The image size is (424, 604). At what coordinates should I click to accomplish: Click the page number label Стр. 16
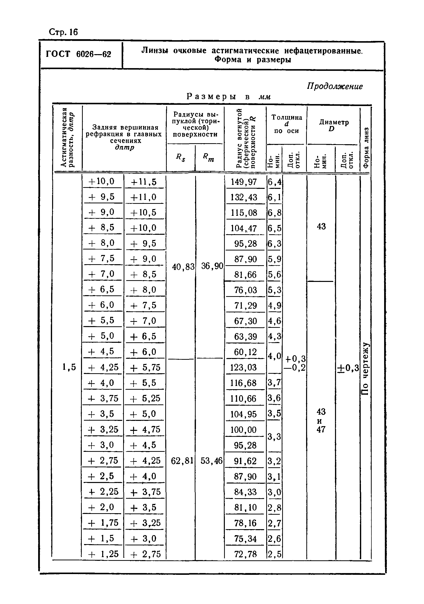point(63,32)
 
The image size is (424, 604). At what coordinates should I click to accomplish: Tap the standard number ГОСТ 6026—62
point(78,54)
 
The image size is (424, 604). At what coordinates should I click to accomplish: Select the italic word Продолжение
point(335,86)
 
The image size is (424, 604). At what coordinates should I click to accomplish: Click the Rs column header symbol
point(180,158)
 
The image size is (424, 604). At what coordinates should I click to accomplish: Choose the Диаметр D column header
point(334,125)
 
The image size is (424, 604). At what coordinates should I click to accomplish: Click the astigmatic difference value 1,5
point(69,367)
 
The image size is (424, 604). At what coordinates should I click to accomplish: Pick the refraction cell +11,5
point(144,182)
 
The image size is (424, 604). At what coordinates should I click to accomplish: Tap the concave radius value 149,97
point(244,182)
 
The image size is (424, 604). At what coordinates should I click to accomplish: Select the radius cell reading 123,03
point(244,367)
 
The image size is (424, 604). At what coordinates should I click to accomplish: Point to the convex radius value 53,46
point(211,461)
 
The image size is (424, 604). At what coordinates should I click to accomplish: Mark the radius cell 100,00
point(244,430)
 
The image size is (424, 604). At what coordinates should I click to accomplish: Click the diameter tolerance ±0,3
point(348,368)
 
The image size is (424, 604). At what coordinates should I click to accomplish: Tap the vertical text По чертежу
point(365,368)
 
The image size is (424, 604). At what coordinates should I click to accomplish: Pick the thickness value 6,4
point(274,182)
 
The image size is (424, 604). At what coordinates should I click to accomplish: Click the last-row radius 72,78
point(245,554)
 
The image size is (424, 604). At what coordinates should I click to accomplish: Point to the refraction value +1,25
point(103,554)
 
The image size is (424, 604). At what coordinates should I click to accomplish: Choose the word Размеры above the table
point(211,97)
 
